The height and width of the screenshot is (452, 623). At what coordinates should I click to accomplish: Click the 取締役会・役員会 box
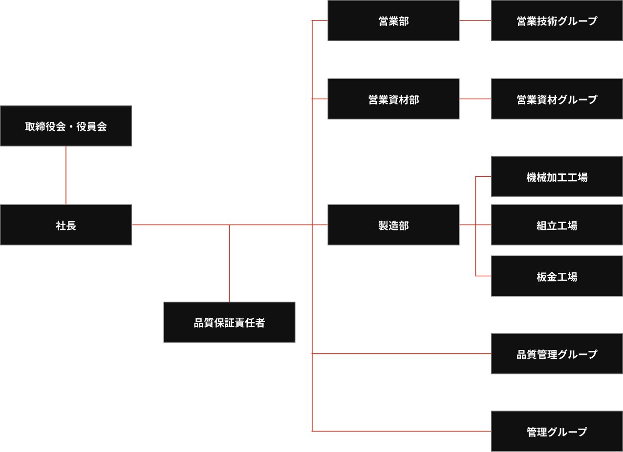(x=66, y=126)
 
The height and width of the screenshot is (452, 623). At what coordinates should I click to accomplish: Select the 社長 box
(x=66, y=225)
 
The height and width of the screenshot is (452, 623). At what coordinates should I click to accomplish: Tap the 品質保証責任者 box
(x=229, y=322)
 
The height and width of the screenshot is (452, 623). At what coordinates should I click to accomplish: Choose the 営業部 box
(x=393, y=21)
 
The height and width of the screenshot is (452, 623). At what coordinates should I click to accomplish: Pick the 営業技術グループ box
(x=557, y=21)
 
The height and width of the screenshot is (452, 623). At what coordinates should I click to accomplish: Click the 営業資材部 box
(x=393, y=99)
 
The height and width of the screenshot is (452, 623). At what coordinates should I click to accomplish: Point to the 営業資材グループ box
(x=557, y=99)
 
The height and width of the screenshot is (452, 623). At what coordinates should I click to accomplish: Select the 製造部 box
(x=393, y=225)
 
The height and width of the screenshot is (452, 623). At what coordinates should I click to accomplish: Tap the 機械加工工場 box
(x=557, y=177)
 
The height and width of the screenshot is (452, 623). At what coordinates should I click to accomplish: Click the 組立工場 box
(x=557, y=225)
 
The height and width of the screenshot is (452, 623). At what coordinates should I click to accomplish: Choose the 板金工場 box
(x=557, y=276)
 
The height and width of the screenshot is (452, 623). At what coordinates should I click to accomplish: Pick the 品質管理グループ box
(x=557, y=354)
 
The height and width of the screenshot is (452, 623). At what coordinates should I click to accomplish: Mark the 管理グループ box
(x=557, y=431)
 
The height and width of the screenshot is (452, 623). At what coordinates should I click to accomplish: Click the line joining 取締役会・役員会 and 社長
(x=66, y=175)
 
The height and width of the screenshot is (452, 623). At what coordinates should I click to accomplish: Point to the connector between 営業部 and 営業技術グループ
(x=475, y=21)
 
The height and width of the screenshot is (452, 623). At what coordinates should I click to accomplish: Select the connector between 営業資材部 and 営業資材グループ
(x=475, y=99)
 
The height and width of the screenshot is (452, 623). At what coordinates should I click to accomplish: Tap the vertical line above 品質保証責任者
(x=229, y=264)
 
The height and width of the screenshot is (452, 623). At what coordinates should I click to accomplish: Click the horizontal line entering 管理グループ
(x=401, y=431)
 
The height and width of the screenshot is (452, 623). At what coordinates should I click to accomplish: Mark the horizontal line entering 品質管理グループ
(x=401, y=353)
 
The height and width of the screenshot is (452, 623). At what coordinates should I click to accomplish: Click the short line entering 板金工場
(x=483, y=276)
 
